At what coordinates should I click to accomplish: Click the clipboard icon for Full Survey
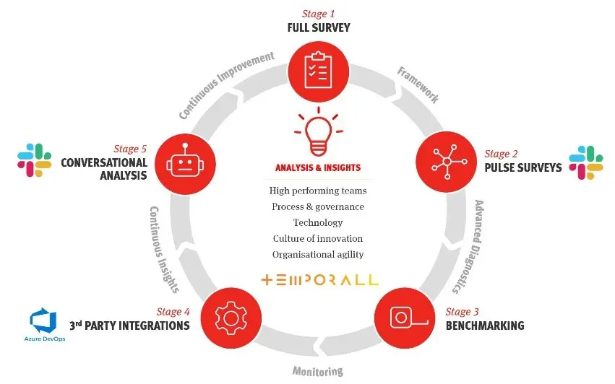pyautogui.click(x=319, y=70)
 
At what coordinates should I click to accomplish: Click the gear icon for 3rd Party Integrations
pyautogui.click(x=233, y=317)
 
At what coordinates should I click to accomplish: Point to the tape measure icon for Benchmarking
pyautogui.click(x=403, y=317)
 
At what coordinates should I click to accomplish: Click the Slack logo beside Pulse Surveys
pyautogui.click(x=586, y=162)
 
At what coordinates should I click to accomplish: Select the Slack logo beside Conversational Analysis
pyautogui.click(x=34, y=160)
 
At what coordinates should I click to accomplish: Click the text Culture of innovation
pyautogui.click(x=318, y=238)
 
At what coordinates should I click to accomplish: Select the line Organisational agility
pyautogui.click(x=318, y=254)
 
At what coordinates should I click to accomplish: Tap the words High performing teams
pyautogui.click(x=318, y=191)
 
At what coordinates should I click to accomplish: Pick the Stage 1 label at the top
pyautogui.click(x=319, y=14)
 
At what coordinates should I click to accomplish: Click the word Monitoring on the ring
pyautogui.click(x=317, y=372)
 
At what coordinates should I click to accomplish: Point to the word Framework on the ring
pyautogui.click(x=418, y=85)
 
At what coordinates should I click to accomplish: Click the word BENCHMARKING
pyautogui.click(x=485, y=326)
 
